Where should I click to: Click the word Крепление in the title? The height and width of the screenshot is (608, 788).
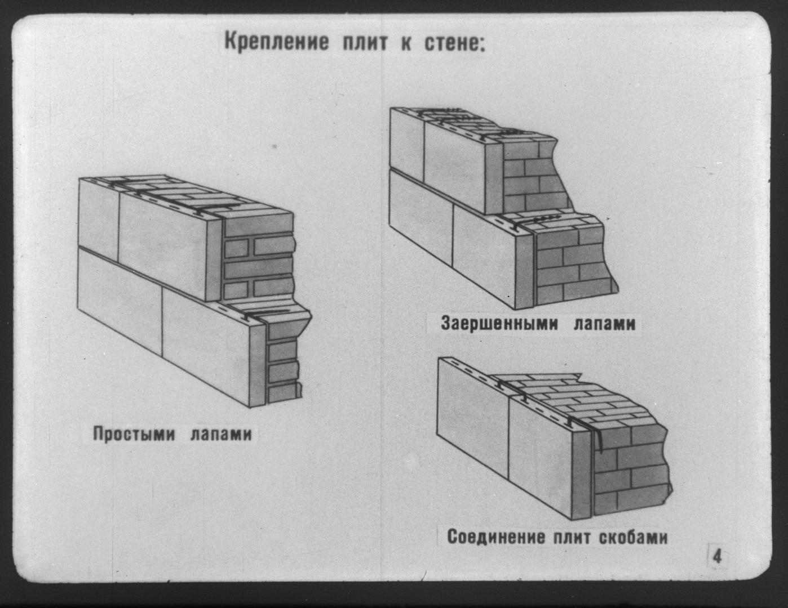[276, 43]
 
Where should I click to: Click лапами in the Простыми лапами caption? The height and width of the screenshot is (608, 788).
[221, 435]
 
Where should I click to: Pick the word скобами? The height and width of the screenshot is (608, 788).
[632, 537]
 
